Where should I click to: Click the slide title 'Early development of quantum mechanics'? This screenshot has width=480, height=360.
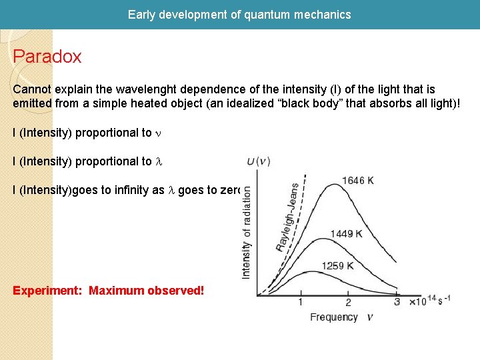coord(239,14)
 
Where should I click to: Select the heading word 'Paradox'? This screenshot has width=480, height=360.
coord(47,56)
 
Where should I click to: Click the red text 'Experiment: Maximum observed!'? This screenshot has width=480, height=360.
coord(109,291)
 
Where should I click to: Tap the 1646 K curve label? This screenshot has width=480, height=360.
coord(363,179)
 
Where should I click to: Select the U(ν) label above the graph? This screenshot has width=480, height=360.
coord(258,161)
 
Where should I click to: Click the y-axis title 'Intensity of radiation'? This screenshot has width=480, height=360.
coord(247,229)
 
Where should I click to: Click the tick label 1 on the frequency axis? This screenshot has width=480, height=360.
coord(301,302)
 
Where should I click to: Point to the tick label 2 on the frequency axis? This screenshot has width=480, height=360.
coord(348,302)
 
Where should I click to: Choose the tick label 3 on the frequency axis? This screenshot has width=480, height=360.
coord(397,302)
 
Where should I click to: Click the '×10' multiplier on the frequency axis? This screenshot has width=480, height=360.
coord(417,302)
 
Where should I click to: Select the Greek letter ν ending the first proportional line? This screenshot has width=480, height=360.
coord(158,133)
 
